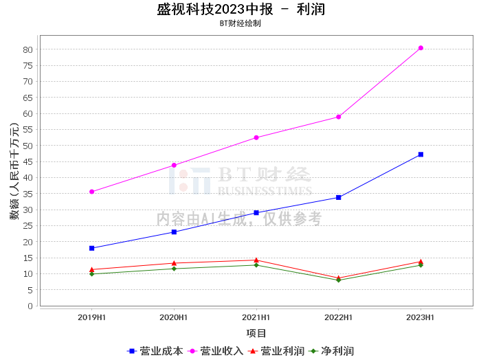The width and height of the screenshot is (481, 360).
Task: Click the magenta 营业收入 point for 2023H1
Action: coord(421,48)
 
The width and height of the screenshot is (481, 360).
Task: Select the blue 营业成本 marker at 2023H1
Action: coord(421,155)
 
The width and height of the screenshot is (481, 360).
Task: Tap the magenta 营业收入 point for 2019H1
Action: coord(91,192)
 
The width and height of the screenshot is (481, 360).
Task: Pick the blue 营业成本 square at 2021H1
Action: coord(256,213)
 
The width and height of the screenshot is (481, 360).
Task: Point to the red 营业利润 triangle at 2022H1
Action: coord(338,278)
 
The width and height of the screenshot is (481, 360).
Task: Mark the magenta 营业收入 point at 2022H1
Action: coord(338,117)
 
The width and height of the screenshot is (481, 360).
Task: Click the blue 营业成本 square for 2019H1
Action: coord(91,248)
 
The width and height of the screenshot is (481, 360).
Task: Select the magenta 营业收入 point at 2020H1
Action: coord(174,166)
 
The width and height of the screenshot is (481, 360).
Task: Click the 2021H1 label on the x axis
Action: coord(256,317)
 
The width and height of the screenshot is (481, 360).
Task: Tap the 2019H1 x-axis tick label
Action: coord(91,317)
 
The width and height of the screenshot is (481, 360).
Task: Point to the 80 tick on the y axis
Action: coord(28,49)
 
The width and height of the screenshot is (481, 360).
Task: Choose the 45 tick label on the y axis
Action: coord(28,161)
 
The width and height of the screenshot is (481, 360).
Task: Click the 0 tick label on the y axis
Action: coord(31,306)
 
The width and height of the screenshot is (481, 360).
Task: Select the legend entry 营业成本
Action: coord(156,351)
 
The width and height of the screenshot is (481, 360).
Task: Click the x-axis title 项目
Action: coord(256,333)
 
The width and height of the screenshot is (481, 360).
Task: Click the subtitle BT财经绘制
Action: coord(240,23)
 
